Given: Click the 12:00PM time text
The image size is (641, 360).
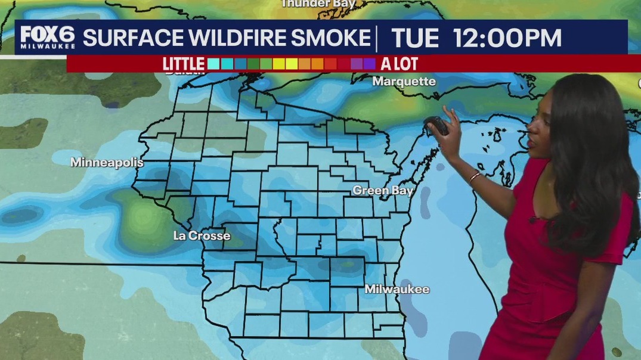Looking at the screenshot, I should pos(507,38).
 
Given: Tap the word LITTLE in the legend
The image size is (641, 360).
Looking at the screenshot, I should pos(184,64).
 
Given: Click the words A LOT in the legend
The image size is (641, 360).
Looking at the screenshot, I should pos(399,64).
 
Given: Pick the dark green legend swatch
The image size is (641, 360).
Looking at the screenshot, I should pos(253,64).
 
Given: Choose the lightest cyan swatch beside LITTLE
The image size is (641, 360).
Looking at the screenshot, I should pos(213,64).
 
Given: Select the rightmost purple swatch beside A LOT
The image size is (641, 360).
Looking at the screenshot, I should pos(370,64).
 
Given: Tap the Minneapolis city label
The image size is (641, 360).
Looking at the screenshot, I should pos(107,162).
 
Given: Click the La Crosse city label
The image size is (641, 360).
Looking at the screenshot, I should pos(202,235).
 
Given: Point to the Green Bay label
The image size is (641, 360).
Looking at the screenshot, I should pos(383,190).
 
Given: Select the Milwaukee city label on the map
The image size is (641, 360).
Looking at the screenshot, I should pos(397,289).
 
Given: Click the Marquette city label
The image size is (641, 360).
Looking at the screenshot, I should pos(404,81).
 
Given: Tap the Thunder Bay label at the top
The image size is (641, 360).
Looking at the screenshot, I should pos(318,4).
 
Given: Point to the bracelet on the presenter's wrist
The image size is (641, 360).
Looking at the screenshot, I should pos(474,176).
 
